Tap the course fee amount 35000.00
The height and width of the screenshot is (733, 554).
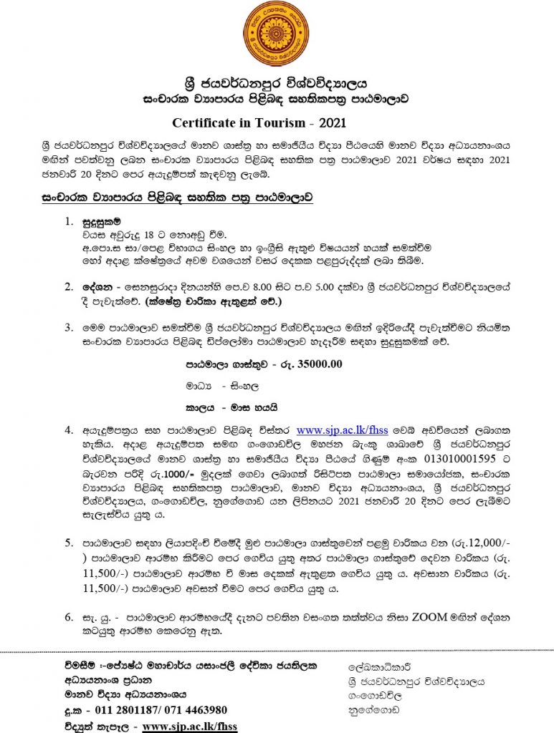[x=315, y=363]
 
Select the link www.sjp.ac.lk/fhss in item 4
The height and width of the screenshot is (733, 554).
[x=341, y=429]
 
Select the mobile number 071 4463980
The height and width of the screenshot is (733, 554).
[x=196, y=709]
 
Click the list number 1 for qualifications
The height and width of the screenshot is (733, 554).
[x=68, y=222]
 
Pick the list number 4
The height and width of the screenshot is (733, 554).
[x=68, y=430]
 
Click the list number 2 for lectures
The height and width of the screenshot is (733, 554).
[x=68, y=287]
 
